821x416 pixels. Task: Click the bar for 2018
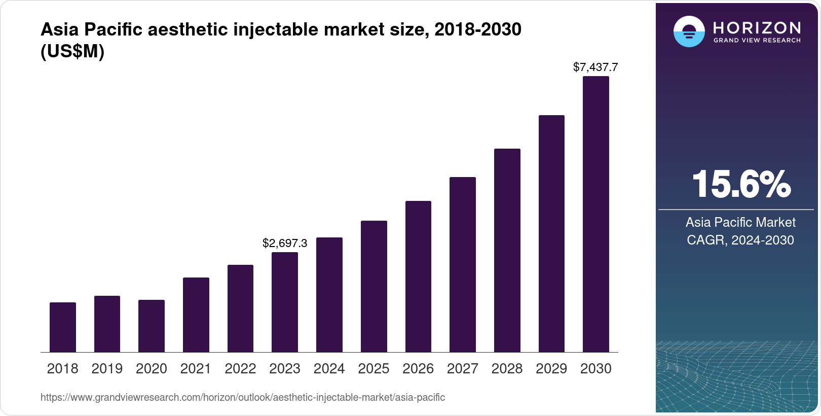pos(63,327)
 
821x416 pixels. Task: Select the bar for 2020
pos(152,326)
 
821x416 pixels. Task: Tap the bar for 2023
pos(285,302)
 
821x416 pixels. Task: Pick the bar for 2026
pos(418,276)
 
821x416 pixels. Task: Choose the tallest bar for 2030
pos(596,214)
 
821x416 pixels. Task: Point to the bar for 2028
pos(507,250)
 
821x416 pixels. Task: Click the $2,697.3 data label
pos(285,244)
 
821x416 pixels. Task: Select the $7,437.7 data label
pos(595,67)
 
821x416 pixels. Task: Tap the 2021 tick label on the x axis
pos(196,369)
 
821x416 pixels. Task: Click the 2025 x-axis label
pos(374,369)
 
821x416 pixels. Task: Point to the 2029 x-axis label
pos(551,369)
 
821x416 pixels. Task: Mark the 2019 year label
pos(107,369)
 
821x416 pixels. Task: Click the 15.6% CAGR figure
pos(740,184)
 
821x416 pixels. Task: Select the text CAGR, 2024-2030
pos(740,240)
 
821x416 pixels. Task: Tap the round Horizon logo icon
pos(689,32)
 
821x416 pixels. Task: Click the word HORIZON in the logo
pos(757,27)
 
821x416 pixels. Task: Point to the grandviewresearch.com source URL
pos(242,398)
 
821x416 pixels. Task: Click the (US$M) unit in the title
pos(72,51)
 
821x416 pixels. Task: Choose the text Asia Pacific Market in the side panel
pos(740,222)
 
